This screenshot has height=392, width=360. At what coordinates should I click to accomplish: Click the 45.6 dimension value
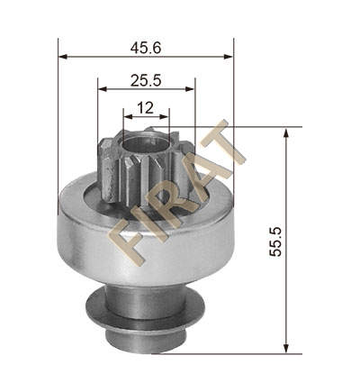(146, 48)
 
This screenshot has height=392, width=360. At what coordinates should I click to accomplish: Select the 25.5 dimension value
(146, 80)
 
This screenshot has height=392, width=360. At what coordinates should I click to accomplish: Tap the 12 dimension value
(145, 108)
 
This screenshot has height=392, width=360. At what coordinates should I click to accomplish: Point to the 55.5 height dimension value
(275, 242)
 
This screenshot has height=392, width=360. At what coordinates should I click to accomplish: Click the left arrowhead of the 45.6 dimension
(62, 57)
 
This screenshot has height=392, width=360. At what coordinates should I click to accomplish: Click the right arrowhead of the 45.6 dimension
(229, 57)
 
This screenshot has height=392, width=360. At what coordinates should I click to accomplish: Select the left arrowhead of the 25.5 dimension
(103, 89)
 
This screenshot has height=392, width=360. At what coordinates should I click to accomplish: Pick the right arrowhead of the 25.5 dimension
(190, 89)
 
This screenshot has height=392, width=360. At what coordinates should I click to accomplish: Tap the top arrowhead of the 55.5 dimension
(286, 132)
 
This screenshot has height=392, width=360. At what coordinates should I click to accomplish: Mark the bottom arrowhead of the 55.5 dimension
(286, 349)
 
